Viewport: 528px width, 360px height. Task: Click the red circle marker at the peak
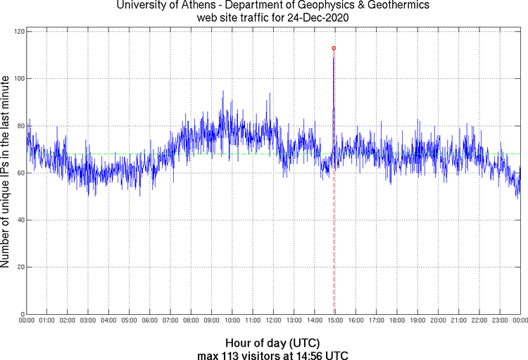point(334,48)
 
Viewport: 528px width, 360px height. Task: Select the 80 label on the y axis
point(19,126)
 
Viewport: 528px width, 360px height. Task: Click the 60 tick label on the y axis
point(19,173)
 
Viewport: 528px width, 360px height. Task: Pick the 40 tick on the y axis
point(19,221)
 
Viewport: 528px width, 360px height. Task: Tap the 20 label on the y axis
point(19,268)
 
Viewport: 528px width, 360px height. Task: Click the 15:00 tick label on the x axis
point(335,321)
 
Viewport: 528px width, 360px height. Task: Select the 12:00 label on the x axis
point(273,321)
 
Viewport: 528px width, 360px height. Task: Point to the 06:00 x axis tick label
point(150,321)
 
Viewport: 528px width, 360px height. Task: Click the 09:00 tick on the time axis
point(211,321)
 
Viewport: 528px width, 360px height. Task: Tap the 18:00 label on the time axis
point(397,321)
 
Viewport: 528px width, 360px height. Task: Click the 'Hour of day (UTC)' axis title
point(274,343)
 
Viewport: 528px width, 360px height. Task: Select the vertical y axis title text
point(6,173)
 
